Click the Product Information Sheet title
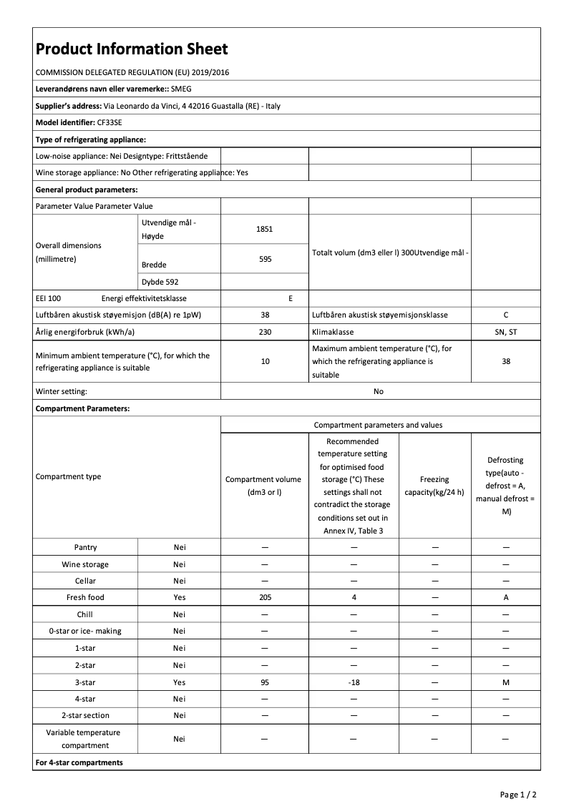(x=132, y=49)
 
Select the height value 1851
(x=264, y=229)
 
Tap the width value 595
(x=265, y=259)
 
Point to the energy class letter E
(x=290, y=298)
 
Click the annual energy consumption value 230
(x=265, y=332)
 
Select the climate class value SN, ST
(x=506, y=332)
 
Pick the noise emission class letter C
(x=506, y=315)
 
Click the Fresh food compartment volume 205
(x=265, y=597)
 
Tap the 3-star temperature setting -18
(x=354, y=682)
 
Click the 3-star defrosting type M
(x=506, y=682)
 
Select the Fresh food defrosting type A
(x=506, y=597)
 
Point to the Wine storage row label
(x=85, y=564)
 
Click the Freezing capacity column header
(x=434, y=486)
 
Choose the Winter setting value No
(x=379, y=391)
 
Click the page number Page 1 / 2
(x=518, y=794)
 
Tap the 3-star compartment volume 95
(x=265, y=682)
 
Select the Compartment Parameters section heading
(x=83, y=408)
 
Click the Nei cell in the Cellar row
(x=179, y=581)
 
